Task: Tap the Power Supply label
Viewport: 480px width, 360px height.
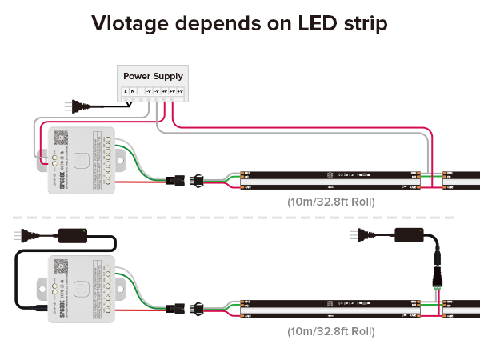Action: (x=153, y=76)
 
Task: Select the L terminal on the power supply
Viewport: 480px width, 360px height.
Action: (x=126, y=92)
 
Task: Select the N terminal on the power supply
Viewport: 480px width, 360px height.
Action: (x=134, y=92)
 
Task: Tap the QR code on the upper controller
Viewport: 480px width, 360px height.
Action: (x=58, y=137)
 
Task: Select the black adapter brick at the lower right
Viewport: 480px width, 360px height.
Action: (x=409, y=235)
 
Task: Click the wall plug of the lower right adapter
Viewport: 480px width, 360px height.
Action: (x=358, y=235)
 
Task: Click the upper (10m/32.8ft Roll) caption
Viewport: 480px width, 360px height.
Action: (x=330, y=201)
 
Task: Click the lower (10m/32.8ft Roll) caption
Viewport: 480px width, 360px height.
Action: (x=330, y=330)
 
